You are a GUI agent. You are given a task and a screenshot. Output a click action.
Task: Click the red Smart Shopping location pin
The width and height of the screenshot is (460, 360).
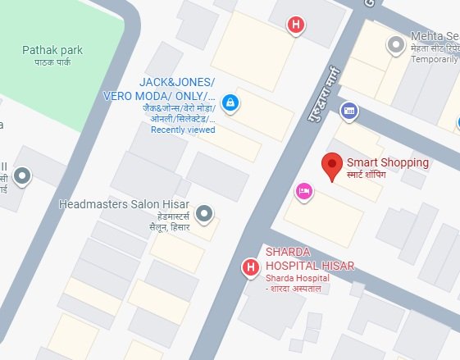332,166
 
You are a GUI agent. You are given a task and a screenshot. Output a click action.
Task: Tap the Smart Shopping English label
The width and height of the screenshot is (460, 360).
388,162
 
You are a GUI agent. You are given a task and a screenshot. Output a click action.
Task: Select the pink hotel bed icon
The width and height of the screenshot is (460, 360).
303,191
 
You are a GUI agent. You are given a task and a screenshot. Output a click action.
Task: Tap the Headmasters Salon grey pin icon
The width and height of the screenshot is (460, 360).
206,214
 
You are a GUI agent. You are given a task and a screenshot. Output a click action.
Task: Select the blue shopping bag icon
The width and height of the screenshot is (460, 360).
230,102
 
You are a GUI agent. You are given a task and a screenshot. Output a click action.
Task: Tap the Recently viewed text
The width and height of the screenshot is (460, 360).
183,130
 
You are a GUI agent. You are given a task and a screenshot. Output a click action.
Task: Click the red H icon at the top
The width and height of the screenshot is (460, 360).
297,25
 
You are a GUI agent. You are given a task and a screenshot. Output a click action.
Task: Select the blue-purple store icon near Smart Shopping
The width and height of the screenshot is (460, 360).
348,111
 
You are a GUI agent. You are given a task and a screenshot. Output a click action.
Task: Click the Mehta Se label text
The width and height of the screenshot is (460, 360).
435,38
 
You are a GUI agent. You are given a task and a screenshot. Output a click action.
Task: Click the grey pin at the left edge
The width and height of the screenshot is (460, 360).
22,175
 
